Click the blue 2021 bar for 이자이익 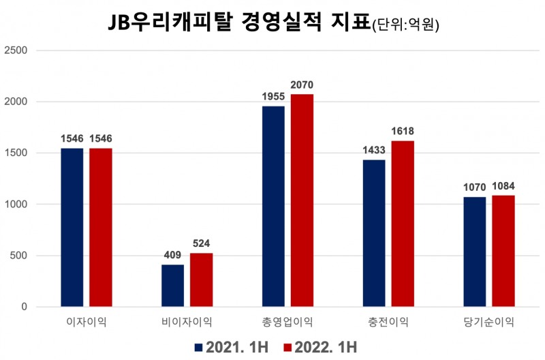pos(72,228)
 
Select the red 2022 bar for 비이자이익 pos(201,280)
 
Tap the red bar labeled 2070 pos(302,200)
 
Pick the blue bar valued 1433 pos(374,233)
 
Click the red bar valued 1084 pos(503,251)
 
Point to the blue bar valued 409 pos(172,286)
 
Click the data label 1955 pos(273,96)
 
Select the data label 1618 pos(403,131)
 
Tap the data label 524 pos(201,243)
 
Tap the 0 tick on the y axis pos(24,307)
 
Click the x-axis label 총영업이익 pos(287,322)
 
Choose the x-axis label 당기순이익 pos(489,322)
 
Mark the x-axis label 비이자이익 pos(187,322)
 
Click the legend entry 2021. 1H pos(232,347)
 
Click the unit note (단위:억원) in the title pos(405,25)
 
